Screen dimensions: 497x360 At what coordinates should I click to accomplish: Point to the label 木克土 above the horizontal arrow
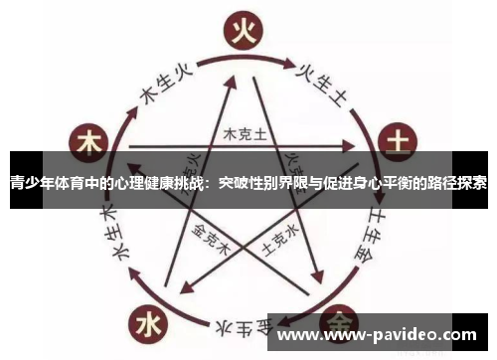(x=242, y=133)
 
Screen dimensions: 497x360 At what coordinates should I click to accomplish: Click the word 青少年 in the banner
(x=31, y=183)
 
